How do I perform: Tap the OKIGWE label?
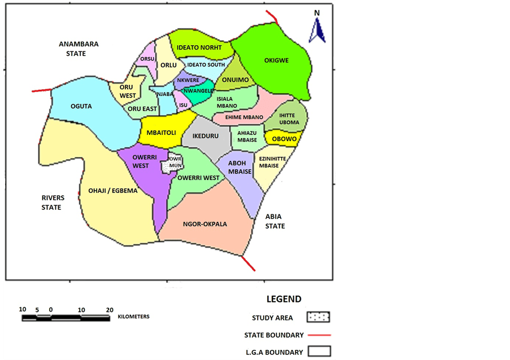pos(277,60)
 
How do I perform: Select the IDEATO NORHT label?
pos(199,47)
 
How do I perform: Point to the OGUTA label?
pos(81,106)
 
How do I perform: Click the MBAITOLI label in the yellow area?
pos(162,133)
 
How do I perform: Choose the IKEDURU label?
pos(206,136)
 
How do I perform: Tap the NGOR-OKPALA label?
pos(205,224)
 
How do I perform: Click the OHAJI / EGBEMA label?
pos(113,191)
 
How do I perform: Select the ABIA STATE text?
pos(275,221)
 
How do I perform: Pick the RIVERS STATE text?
pos(53,203)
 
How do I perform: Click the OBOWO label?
pos(284,139)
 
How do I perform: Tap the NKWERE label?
pos(188,80)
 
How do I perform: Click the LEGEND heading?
pos(284,299)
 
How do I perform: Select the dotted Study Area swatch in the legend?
pos(319,317)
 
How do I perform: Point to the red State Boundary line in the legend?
pos(319,335)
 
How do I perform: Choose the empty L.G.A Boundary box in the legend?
pos(319,352)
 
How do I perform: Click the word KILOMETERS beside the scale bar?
pos(134,317)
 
